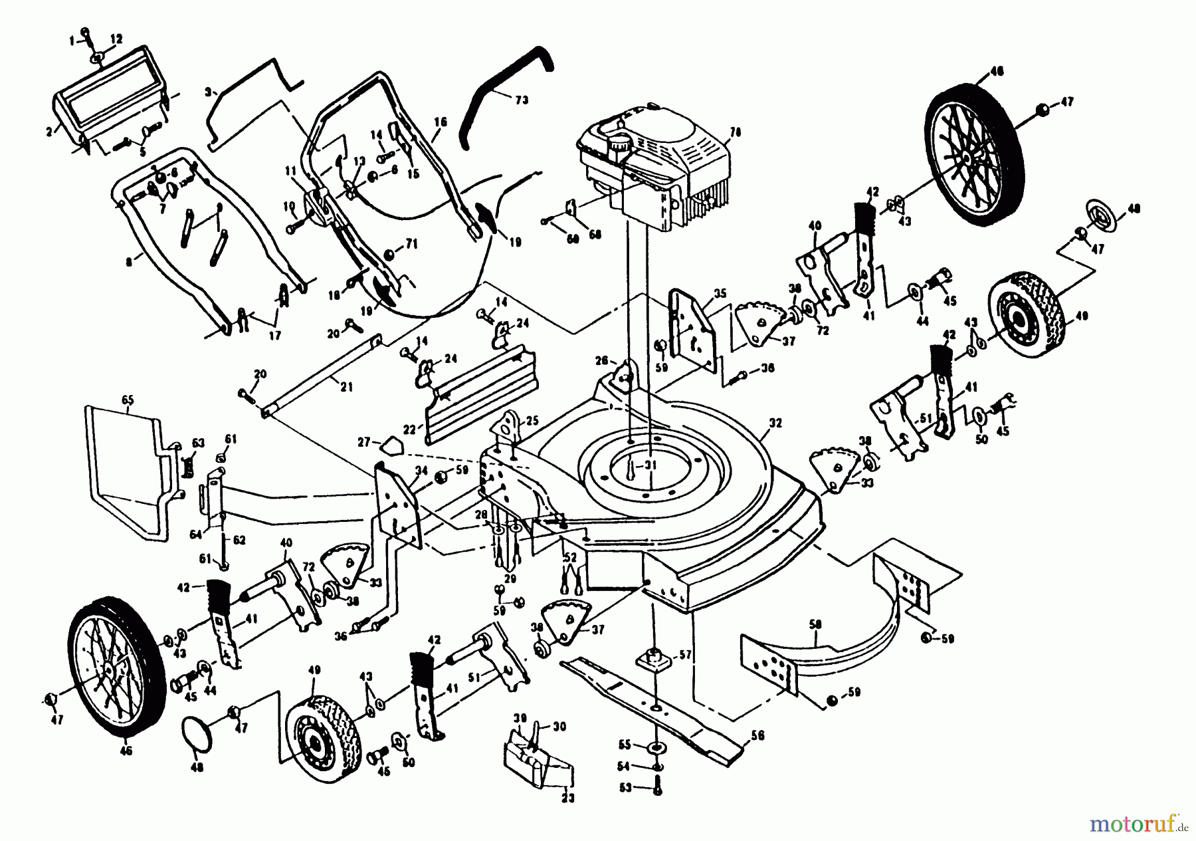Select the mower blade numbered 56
tap(658, 711)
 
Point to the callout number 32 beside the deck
tap(775, 423)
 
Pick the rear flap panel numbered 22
tap(478, 392)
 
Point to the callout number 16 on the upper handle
tap(441, 122)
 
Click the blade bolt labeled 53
tap(656, 789)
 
